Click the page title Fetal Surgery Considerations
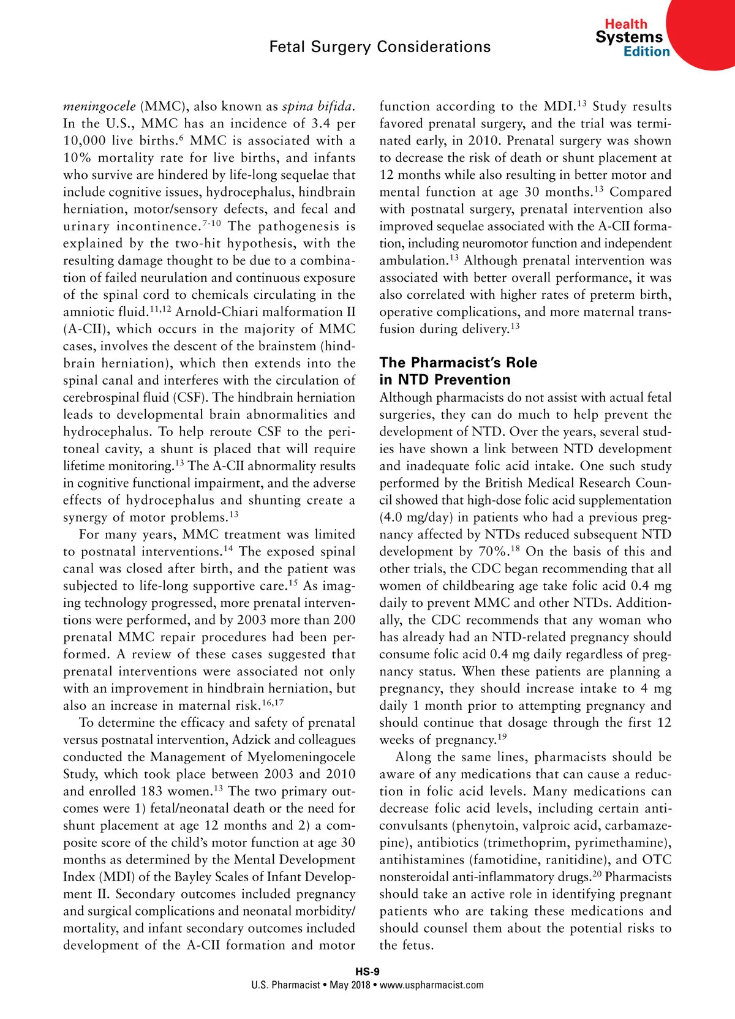(x=380, y=47)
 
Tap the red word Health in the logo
(x=625, y=24)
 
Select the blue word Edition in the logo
(x=646, y=52)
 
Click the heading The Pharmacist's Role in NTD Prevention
(x=458, y=371)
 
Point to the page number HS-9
(x=367, y=972)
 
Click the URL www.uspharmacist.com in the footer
(x=431, y=985)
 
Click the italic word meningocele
(x=99, y=107)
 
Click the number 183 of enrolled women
(x=152, y=791)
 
